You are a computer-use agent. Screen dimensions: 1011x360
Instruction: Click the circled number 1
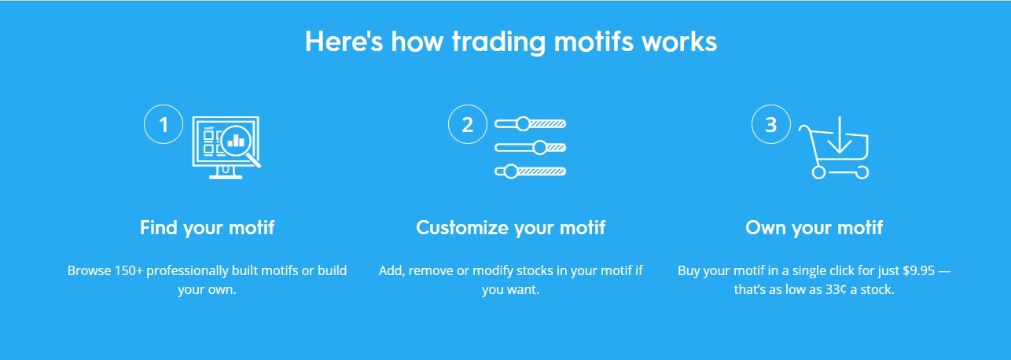164,124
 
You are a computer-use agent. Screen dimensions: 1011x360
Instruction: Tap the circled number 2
468,124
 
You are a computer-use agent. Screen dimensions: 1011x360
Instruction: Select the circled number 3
771,124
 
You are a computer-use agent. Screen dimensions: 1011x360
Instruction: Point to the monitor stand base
226,176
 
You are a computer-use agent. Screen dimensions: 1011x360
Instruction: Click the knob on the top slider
523,123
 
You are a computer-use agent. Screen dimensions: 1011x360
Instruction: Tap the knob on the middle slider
540,148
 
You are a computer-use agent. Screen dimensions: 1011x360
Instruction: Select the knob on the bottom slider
511,171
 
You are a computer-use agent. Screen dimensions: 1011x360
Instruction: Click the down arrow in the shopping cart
840,134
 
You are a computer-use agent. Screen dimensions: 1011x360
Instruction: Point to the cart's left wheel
818,172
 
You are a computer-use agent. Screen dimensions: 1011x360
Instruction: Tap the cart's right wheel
862,172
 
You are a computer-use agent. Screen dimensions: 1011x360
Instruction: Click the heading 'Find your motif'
208,228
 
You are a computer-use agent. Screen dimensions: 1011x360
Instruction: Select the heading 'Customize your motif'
510,228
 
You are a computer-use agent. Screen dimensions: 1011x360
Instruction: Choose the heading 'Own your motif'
814,228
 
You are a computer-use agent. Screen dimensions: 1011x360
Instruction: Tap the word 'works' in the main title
679,42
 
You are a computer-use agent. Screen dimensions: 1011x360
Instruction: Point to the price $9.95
918,270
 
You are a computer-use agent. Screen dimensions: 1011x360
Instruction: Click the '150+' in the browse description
129,270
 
